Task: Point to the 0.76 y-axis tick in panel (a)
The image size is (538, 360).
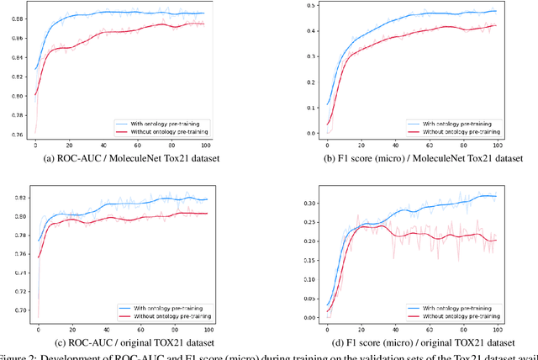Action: [x=16, y=133]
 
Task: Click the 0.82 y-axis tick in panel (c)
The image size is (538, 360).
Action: [x=16, y=198]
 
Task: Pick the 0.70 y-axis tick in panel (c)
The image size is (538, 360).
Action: [x=16, y=310]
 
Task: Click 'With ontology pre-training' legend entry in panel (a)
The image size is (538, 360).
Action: [x=169, y=123]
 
